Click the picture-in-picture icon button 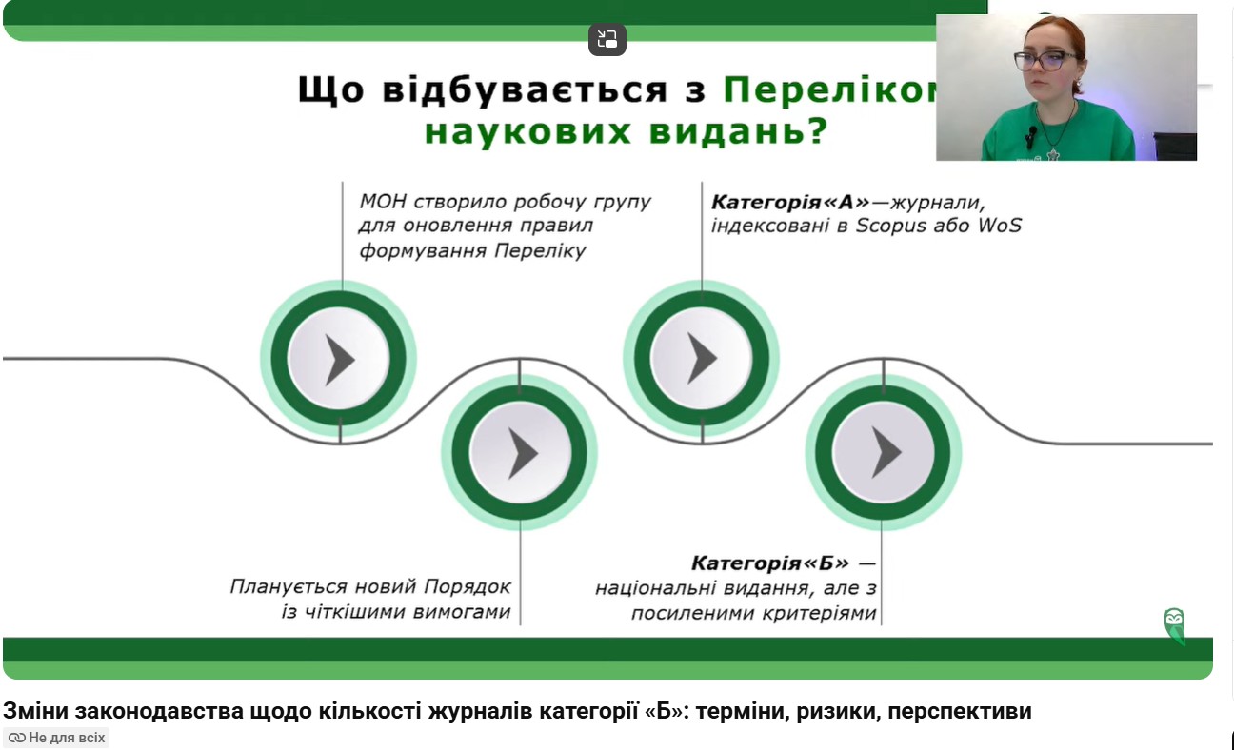click(607, 39)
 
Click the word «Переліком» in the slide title click(829, 89)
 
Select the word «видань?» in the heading click(738, 131)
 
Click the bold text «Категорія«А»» click(790, 202)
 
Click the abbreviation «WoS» click(1000, 226)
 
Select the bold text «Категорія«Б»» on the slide click(769, 562)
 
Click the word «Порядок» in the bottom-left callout click(468, 587)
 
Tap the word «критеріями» click(818, 613)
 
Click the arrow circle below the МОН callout click(338, 359)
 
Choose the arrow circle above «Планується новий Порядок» click(520, 453)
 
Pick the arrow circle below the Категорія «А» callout click(702, 359)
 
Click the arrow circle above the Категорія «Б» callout click(883, 453)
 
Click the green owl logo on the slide click(1174, 626)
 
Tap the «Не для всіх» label click(56, 738)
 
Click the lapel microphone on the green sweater click(1031, 135)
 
